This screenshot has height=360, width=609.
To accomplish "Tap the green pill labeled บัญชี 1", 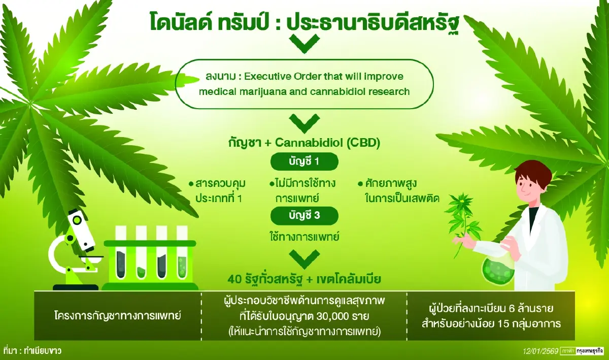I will pos(304,162).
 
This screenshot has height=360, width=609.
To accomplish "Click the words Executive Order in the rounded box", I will pos(279,76).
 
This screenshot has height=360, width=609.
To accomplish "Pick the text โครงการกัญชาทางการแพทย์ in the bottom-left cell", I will pos(117,315).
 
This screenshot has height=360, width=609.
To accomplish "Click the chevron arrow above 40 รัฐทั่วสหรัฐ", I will pos(304,258).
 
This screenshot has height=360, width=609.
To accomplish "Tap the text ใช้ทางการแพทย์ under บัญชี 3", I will pos(304,236).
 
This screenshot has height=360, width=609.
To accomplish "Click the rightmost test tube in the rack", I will pos(182,254).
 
